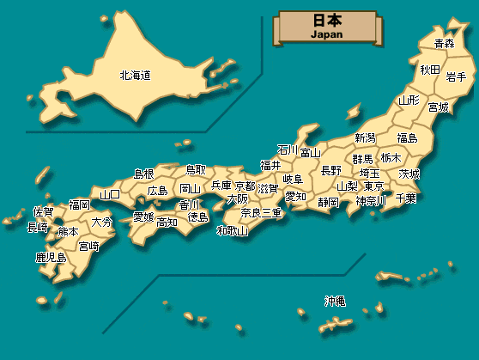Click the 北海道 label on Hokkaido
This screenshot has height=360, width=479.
(x=136, y=76)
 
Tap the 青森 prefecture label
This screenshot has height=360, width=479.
(x=444, y=43)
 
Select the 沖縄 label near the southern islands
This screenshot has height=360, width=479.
(x=335, y=301)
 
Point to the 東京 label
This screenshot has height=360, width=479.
(x=373, y=186)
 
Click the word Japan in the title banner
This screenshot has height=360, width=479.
(x=325, y=34)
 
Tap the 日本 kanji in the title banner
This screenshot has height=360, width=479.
(x=325, y=21)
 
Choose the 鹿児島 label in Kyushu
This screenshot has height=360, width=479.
(x=51, y=257)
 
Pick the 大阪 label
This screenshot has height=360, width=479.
(x=238, y=198)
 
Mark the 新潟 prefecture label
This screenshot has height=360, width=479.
(x=365, y=138)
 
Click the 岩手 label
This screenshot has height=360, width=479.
(x=456, y=76)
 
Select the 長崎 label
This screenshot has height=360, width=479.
(x=38, y=228)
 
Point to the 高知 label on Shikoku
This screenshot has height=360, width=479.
(x=167, y=222)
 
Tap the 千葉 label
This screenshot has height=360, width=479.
(x=406, y=198)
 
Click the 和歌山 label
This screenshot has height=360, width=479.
(x=232, y=230)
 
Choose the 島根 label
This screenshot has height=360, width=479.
(x=143, y=174)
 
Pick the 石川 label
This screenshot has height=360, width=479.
(x=287, y=149)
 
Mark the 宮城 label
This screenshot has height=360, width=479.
(x=439, y=107)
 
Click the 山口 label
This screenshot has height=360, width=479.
(x=110, y=194)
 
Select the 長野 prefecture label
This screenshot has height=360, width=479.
(x=330, y=170)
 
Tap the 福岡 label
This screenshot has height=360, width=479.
(x=80, y=204)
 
